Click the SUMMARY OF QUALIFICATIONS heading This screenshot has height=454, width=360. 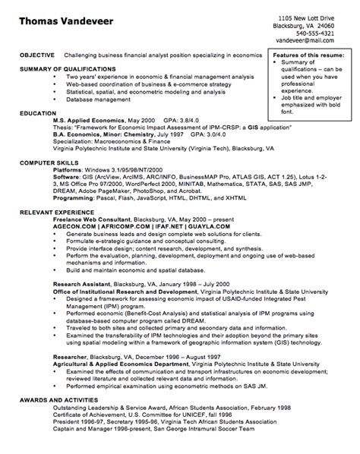pyautogui.click(x=61, y=69)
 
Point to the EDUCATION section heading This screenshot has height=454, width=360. pyautogui.click(x=36, y=111)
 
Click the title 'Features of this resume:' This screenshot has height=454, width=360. pyautogui.click(x=309, y=55)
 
